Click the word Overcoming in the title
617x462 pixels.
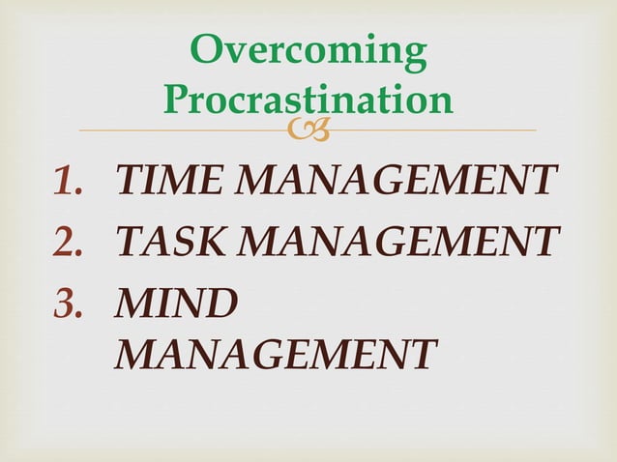tap(308, 51)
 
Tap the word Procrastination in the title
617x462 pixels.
tap(308, 99)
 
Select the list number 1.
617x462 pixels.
tap(69, 181)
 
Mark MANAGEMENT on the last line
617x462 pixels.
tap(274, 353)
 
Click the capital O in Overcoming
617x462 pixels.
tap(206, 51)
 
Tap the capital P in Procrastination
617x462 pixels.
tap(179, 99)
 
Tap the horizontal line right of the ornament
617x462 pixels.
tap(435, 130)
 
